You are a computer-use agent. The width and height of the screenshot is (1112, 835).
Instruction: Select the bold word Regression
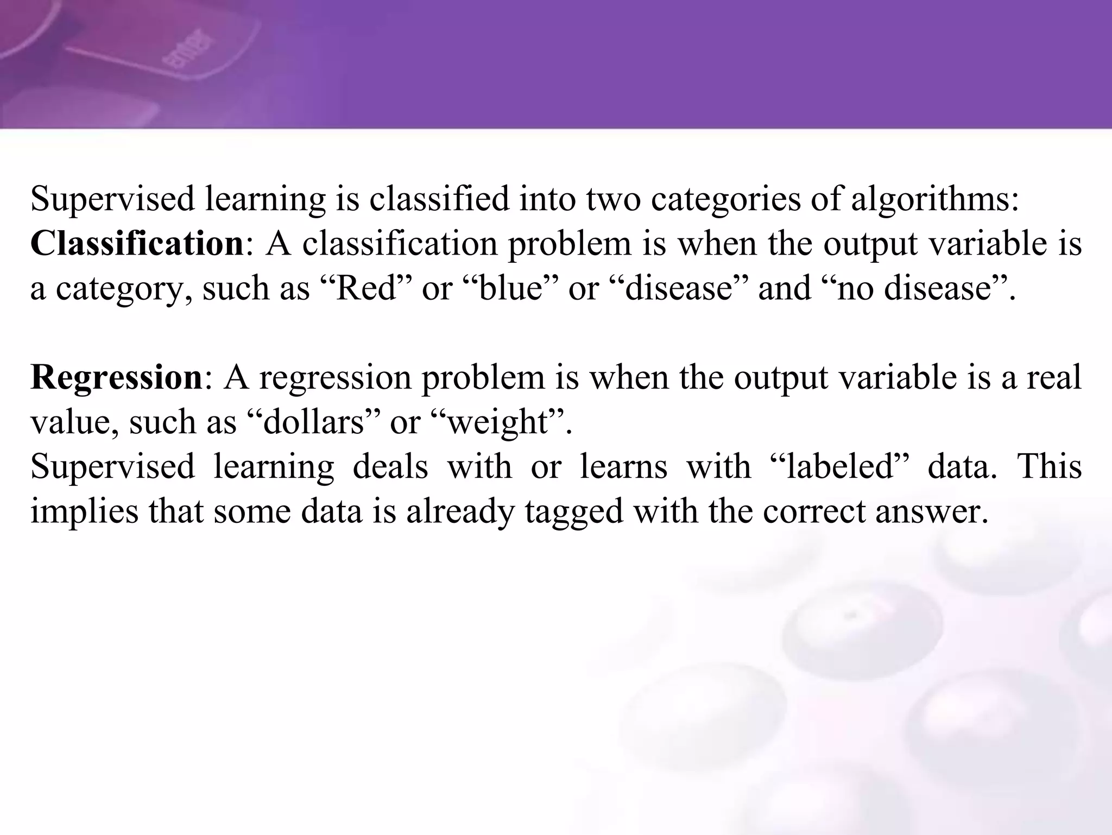click(116, 377)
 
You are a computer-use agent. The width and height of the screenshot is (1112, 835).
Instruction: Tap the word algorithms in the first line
click(934, 199)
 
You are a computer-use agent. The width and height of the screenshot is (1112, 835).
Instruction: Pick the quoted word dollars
click(313, 421)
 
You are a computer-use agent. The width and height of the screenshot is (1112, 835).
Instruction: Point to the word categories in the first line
click(725, 199)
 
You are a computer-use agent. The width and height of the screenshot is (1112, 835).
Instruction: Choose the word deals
click(390, 466)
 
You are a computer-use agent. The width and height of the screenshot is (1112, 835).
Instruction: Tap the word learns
click(623, 466)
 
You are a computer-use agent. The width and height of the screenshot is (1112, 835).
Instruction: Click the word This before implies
click(1049, 466)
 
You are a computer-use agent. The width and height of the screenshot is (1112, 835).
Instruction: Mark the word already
click(459, 511)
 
